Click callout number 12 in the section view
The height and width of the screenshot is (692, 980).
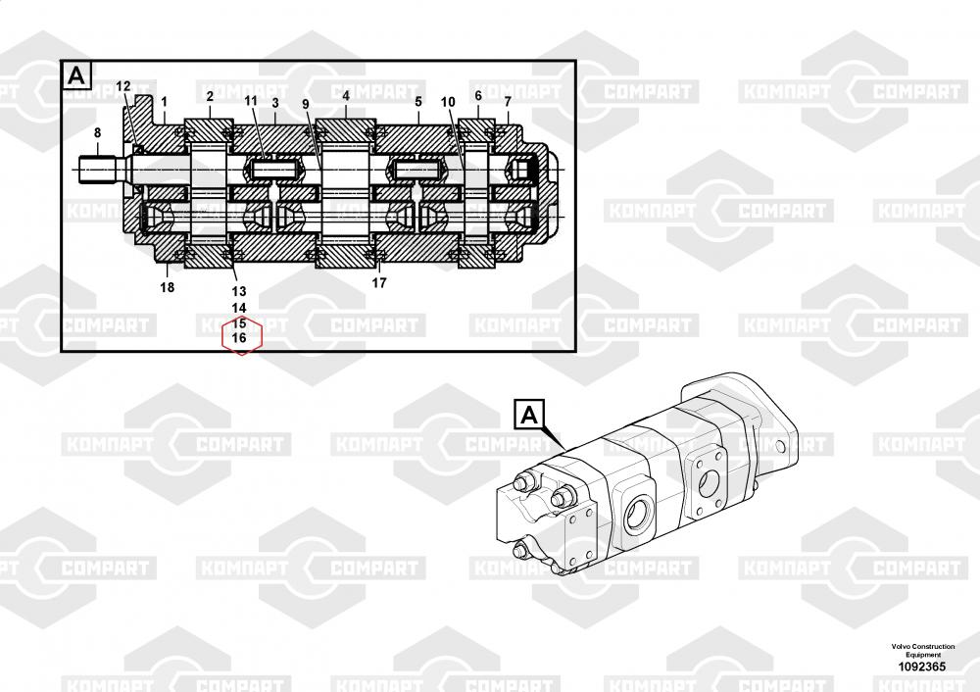pos(123,86)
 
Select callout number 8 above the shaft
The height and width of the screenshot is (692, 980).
pos(97,132)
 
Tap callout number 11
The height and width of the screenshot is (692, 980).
pos(251,101)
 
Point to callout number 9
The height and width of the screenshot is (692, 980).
pos(306,105)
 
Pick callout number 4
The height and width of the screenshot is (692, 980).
pos(346,96)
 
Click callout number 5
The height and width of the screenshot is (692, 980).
pos(418,101)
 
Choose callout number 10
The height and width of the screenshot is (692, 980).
pos(448,102)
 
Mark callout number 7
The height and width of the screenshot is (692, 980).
pos(508,101)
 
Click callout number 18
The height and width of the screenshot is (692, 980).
pos(168,287)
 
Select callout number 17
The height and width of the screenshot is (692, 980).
pos(379,283)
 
